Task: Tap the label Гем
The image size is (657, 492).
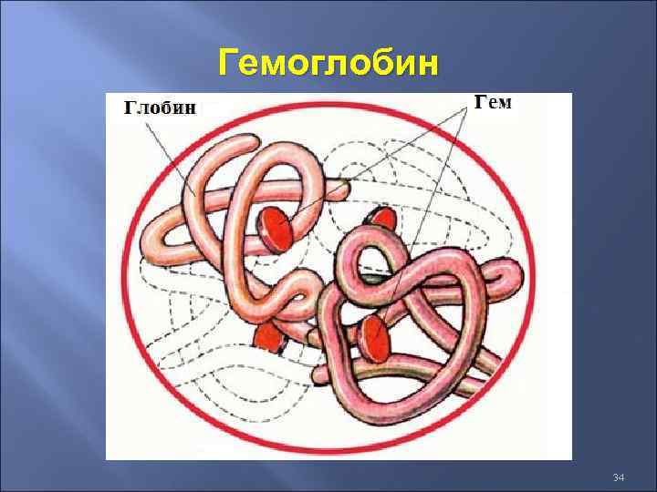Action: coord(494,102)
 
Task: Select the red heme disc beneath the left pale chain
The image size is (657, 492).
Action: coord(268,338)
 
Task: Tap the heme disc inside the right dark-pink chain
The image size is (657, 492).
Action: coord(373,339)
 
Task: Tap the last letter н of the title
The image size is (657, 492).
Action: coord(427,66)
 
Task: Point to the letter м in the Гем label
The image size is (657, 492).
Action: coord(505,103)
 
